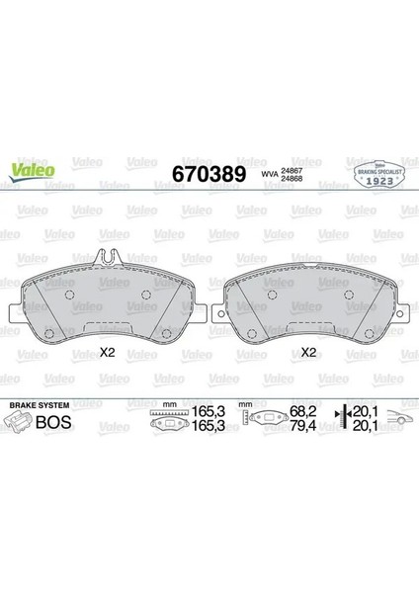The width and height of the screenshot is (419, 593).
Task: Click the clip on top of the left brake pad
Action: [110, 259]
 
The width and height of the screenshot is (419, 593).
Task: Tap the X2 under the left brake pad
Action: [108, 352]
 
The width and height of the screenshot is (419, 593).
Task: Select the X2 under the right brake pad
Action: [308, 352]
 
